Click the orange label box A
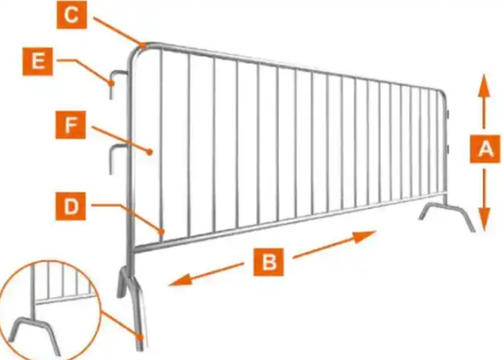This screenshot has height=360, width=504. (x=485, y=148)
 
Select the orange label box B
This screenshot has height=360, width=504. (x=269, y=262)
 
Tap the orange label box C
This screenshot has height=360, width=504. (x=72, y=14)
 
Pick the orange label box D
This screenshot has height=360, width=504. (x=71, y=206)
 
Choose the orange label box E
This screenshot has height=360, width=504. (x=38, y=61)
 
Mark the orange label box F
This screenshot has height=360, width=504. (x=71, y=125)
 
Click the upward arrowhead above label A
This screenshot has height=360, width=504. (x=484, y=85)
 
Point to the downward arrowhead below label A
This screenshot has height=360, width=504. (x=484, y=220)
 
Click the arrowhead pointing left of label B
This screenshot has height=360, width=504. (x=180, y=281)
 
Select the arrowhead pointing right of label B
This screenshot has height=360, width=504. (x=364, y=237)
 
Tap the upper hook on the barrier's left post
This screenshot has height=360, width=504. (x=117, y=82)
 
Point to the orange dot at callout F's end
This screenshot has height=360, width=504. (x=149, y=152)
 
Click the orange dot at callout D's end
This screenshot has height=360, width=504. (x=162, y=230)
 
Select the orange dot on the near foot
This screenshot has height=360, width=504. (x=140, y=337)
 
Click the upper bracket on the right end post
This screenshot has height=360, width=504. (x=447, y=113)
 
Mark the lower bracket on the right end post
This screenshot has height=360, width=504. (x=447, y=148)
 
